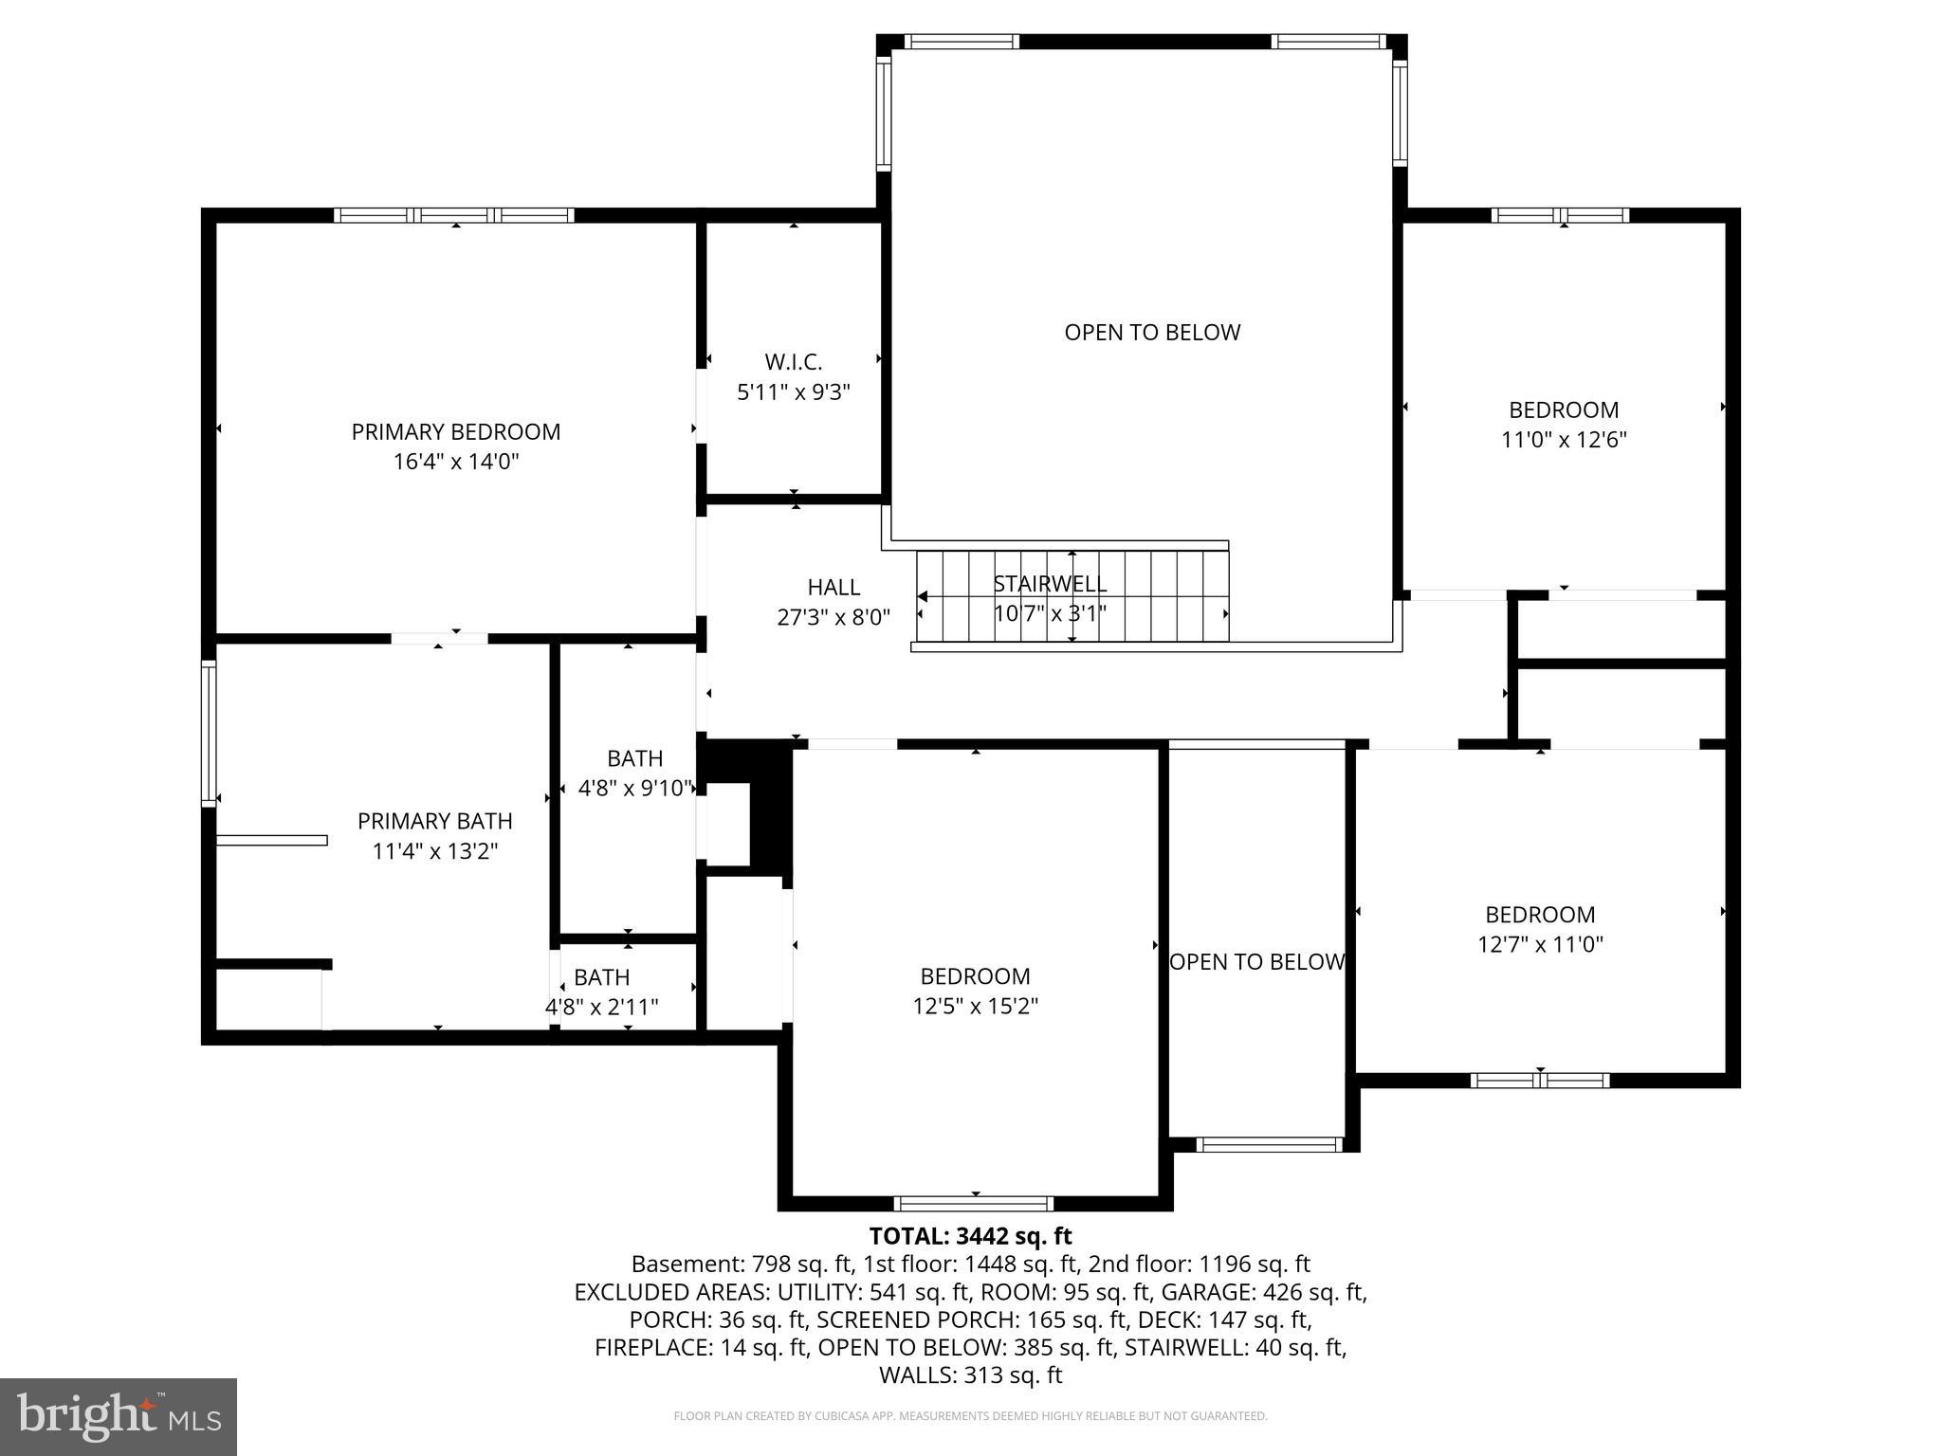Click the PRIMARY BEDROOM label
click(455, 431)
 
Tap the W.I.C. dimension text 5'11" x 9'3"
click(794, 391)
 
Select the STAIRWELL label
click(1050, 584)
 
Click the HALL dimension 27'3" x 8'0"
click(834, 618)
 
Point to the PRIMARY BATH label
click(434, 821)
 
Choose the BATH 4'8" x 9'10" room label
click(634, 758)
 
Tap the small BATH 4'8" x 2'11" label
click(601, 977)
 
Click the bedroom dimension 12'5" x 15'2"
click(975, 1006)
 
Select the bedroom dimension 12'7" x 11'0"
click(1540, 944)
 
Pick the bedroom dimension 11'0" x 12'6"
click(1564, 440)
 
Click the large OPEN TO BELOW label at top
click(1151, 332)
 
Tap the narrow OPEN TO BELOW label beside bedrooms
click(1256, 961)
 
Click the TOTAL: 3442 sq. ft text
click(970, 1236)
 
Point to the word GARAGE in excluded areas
click(1198, 1292)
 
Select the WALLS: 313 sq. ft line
click(970, 1375)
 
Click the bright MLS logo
click(118, 1416)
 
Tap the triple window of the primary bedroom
click(454, 215)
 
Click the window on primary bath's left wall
click(209, 733)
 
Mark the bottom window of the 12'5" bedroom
click(974, 1204)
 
